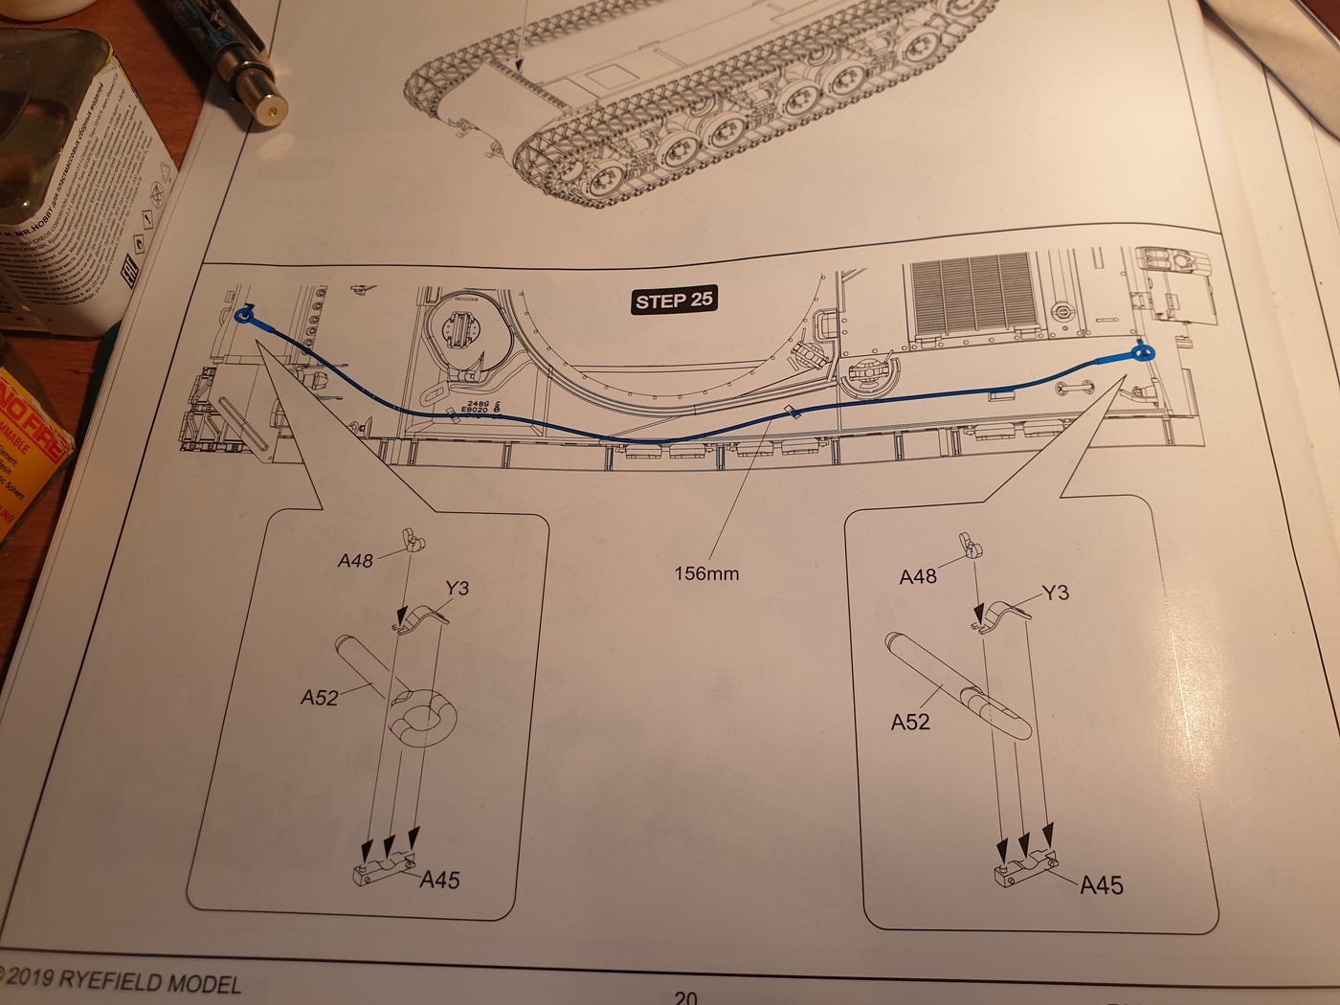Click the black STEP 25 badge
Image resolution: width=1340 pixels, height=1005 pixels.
[x=675, y=301]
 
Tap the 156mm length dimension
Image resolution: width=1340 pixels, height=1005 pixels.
[x=706, y=573]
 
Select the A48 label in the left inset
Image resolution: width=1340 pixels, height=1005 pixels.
[x=354, y=561]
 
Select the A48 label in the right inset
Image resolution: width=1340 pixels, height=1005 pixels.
[x=918, y=576]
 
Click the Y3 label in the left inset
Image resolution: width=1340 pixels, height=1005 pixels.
[x=457, y=587]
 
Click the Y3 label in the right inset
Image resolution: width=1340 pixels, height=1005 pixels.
[x=1054, y=592]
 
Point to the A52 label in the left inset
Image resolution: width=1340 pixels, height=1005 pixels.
[x=319, y=698]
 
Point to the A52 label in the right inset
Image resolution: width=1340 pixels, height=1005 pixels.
[x=910, y=721]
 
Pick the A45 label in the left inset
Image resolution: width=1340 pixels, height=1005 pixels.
[x=440, y=879]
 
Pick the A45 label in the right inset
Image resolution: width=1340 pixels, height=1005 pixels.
[x=1101, y=884]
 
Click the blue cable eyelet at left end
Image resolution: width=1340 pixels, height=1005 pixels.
[x=244, y=315]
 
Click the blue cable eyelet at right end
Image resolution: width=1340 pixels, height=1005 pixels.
[x=1142, y=353]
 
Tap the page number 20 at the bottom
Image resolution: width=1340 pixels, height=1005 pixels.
[x=685, y=995]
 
